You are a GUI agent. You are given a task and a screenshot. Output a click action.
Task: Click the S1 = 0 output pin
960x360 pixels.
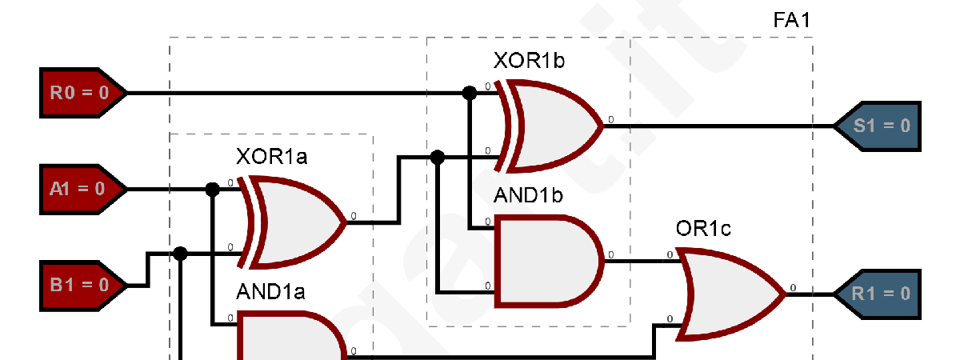click(878, 126)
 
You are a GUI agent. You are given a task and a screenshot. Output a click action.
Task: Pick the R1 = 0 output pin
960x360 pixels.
click(878, 294)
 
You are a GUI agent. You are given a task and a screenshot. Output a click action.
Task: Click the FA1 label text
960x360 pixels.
click(791, 20)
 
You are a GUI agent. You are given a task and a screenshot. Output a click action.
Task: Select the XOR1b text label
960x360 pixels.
click(529, 61)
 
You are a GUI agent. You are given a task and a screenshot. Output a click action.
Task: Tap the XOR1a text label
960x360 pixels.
click(271, 155)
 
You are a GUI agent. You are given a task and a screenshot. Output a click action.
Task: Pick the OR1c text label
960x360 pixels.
click(703, 230)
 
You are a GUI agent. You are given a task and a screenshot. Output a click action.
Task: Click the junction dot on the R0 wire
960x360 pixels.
click(470, 93)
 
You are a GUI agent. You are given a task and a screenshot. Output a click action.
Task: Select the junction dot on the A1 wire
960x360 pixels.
click(212, 190)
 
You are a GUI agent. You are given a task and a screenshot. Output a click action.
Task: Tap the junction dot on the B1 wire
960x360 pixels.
click(180, 254)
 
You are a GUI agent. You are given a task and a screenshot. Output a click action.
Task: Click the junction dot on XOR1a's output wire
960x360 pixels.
click(438, 157)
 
